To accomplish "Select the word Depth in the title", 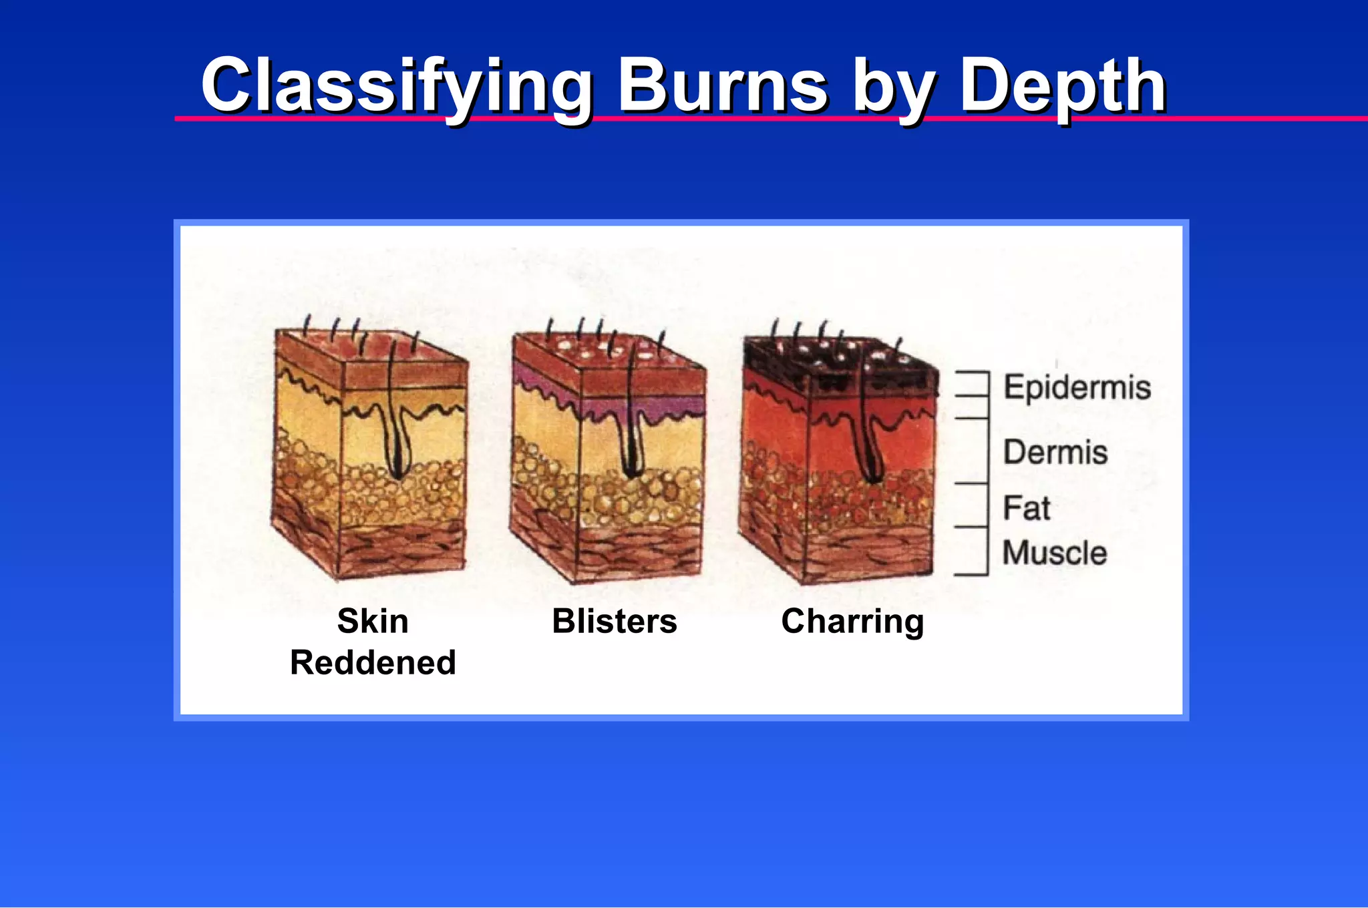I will click(x=1062, y=87).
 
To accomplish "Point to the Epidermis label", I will click(x=1077, y=388).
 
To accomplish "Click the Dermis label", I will click(x=1055, y=452).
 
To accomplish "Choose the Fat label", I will click(x=1027, y=508).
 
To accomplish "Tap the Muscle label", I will click(x=1055, y=553).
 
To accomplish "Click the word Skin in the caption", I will click(x=373, y=621).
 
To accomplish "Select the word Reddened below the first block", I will click(x=373, y=662).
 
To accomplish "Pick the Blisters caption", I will click(x=615, y=621).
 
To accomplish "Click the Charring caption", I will click(x=852, y=621).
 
